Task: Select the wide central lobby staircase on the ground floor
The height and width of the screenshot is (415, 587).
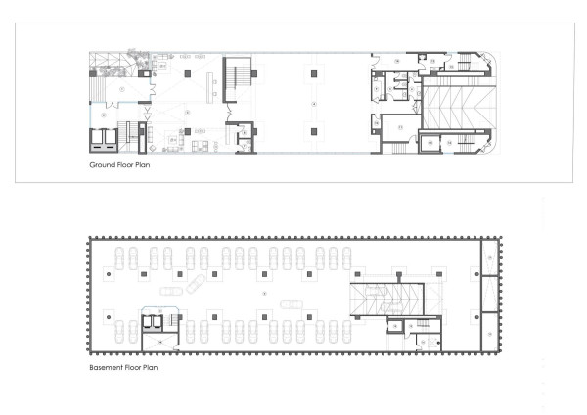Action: pos(239,77)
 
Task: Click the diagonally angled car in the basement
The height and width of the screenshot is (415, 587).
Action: pos(196,285)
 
